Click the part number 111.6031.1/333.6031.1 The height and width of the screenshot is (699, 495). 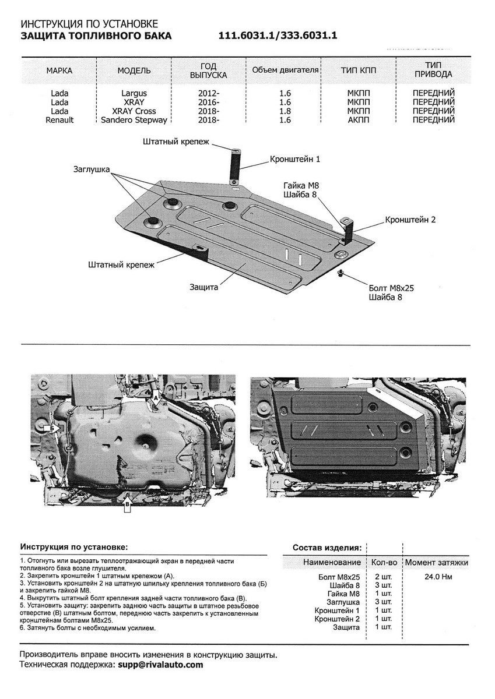(x=278, y=36)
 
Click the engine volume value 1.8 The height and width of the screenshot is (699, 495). (x=285, y=111)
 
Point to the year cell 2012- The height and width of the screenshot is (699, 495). (x=208, y=93)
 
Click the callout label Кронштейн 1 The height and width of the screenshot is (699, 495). (x=294, y=158)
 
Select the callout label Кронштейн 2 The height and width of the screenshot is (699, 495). (x=410, y=220)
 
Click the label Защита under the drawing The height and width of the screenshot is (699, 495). (x=204, y=287)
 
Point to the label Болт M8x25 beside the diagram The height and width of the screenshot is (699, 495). (x=395, y=288)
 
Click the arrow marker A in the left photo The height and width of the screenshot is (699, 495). (x=156, y=398)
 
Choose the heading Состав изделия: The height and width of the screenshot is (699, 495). (x=327, y=548)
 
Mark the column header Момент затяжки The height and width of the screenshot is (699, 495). (x=436, y=563)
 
